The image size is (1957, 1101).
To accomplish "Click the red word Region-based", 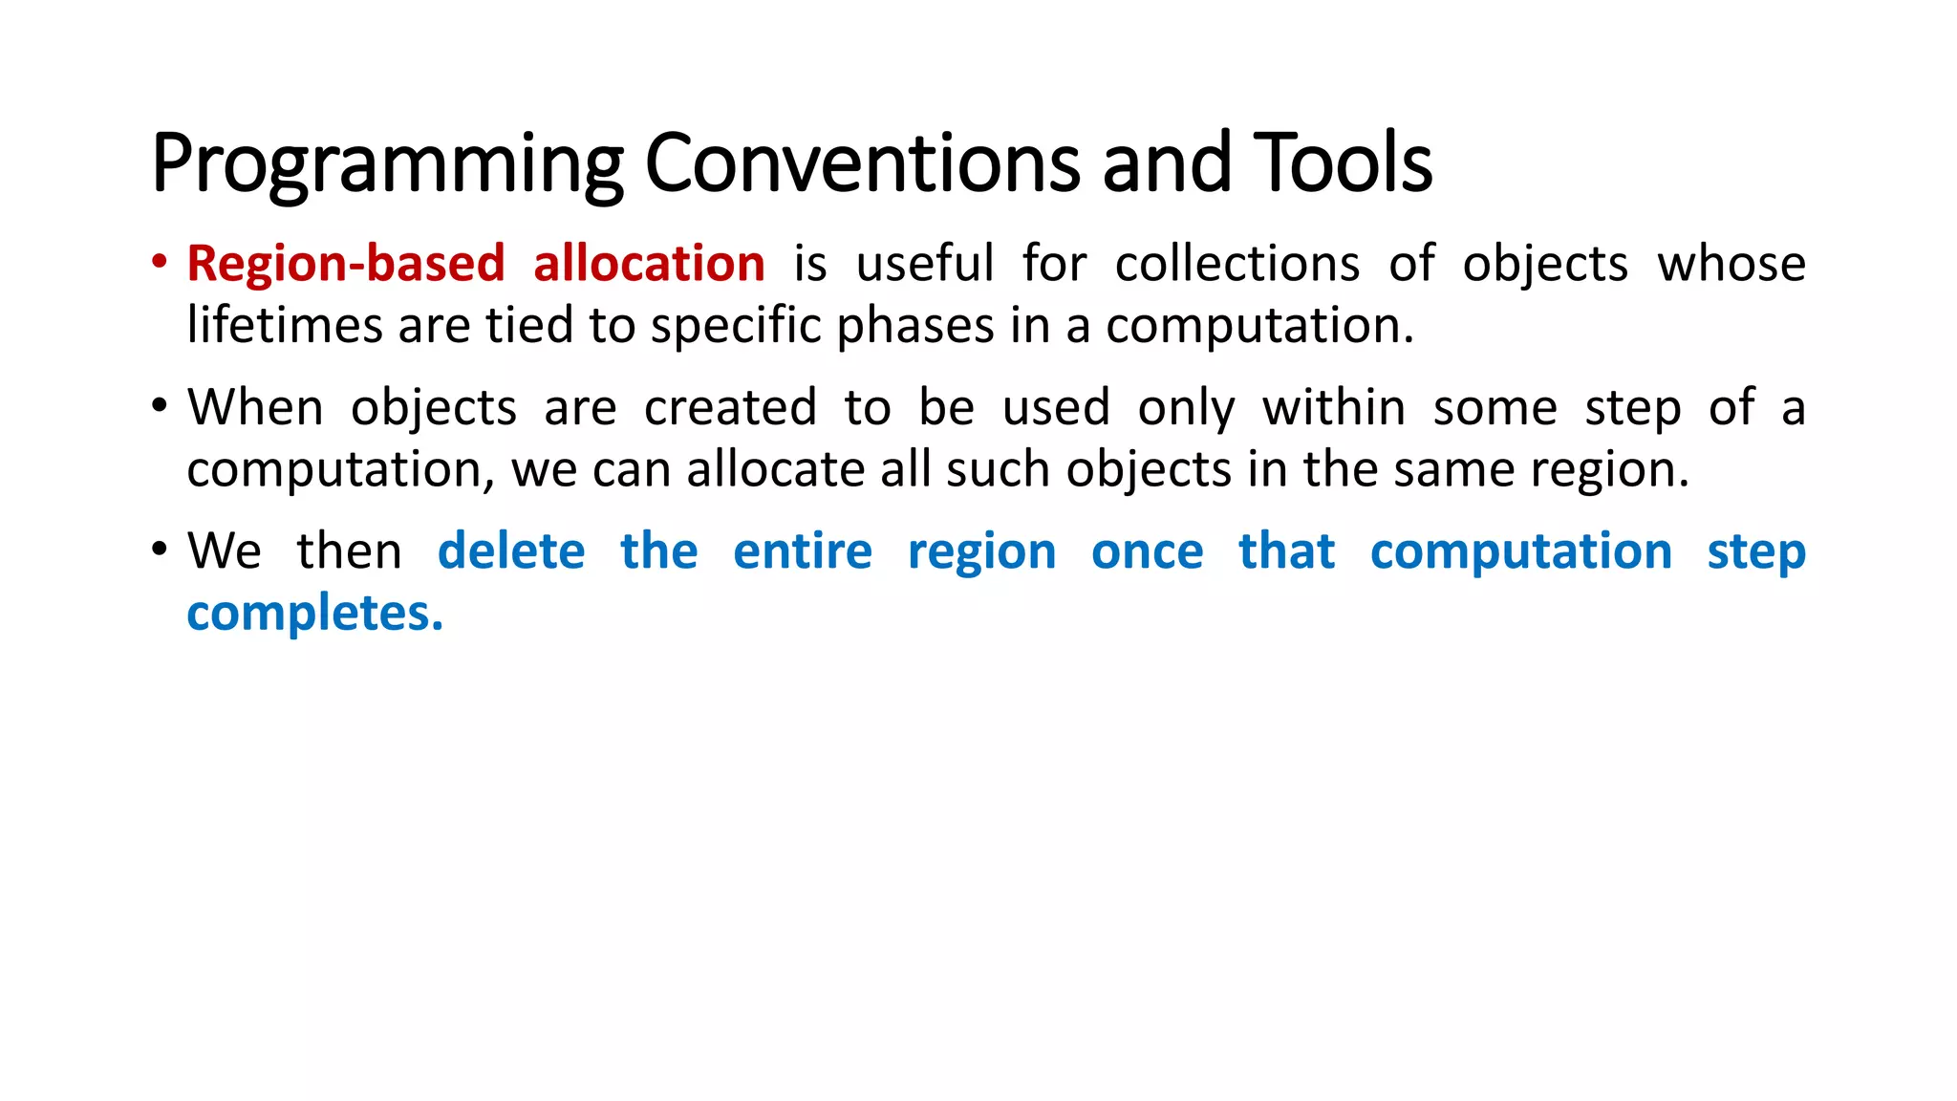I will pos(346,264).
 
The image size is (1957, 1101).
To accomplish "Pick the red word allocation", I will pos(649,264).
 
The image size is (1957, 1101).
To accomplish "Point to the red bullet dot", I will pos(160,262).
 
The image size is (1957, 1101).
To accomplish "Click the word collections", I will pos(1237,264).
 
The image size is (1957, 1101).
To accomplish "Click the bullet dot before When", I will pos(160,406).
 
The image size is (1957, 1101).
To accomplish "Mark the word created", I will pos(730,408).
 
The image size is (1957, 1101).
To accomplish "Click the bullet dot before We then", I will pos(160,550).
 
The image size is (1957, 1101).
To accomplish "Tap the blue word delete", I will pos(511,551).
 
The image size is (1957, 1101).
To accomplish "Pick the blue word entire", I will pos(803,551).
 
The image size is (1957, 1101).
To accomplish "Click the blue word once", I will pos(1147,552).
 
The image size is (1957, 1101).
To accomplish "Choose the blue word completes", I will pos(314,614).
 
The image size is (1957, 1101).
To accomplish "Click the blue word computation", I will pos(1521,552).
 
